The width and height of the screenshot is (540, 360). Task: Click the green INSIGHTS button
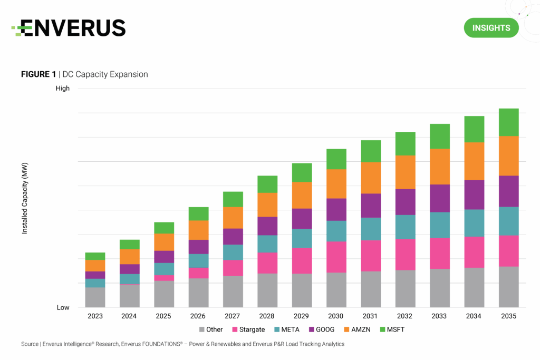coord(491,28)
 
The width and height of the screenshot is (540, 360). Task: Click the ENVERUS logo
coord(69,28)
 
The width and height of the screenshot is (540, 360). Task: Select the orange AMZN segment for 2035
coord(509,156)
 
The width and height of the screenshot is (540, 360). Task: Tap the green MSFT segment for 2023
coord(95,256)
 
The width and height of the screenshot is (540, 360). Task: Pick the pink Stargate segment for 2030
coord(336,257)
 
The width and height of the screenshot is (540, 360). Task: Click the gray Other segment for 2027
coord(233,291)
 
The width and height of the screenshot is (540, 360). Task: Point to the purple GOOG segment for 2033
coord(440,198)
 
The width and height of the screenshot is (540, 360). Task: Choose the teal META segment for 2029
coord(302,238)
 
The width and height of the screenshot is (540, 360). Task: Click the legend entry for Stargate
coord(248,329)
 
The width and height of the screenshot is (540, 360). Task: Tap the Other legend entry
coord(210,329)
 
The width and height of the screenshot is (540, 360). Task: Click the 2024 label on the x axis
coord(129,316)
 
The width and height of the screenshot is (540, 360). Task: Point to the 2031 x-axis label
coord(371,316)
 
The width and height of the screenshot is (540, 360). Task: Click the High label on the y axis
coord(63,89)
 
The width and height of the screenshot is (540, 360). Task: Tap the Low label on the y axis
coord(63,307)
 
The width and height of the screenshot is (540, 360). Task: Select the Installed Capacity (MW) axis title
coord(25,198)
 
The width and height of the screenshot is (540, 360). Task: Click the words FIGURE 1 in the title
coord(38,74)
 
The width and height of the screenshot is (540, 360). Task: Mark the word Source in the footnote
coord(30,344)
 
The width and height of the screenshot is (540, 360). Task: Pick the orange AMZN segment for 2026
coord(198,230)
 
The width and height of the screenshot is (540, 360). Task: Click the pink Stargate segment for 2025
coord(164,278)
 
